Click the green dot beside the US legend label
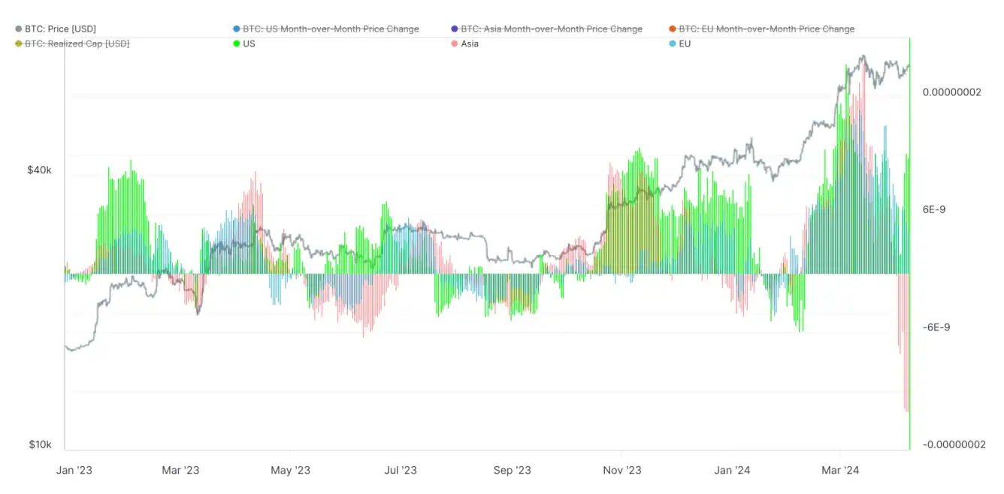pos(237,44)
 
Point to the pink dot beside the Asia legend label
pos(454,44)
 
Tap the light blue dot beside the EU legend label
pos(673,44)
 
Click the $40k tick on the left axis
pos(40,170)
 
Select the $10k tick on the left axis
pos(40,444)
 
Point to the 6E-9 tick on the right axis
pos(934,209)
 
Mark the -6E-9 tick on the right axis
pos(936,327)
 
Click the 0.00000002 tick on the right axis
pos(952,92)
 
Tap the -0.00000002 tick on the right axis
pos(954,444)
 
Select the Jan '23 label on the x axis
pos(74,471)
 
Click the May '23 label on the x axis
pos(290,471)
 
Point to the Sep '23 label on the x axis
pos(513,471)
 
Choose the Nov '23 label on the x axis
pos(623,471)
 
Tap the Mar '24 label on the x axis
pos(840,471)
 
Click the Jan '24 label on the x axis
pos(733,471)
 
